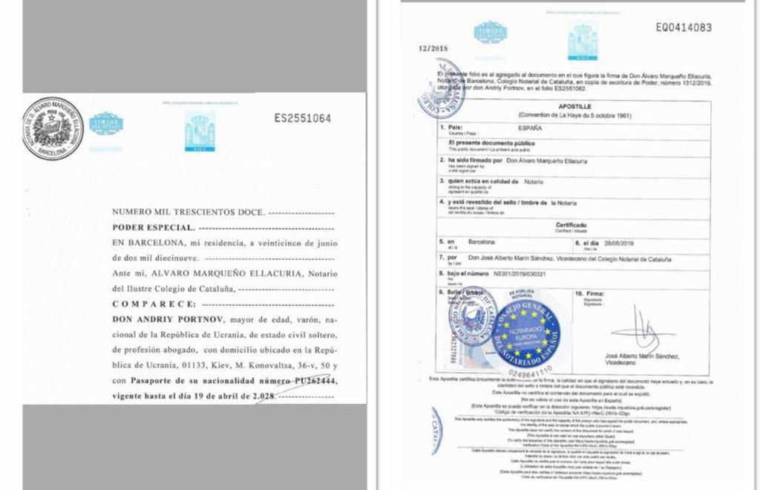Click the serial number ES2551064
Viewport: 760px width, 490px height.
click(x=303, y=118)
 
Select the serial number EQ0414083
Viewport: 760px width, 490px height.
click(x=683, y=28)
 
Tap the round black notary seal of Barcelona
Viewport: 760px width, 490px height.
click(x=52, y=128)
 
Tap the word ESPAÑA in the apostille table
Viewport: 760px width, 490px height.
click(x=530, y=128)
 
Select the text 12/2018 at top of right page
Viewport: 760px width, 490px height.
click(x=433, y=48)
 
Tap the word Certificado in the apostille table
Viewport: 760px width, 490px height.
click(x=571, y=225)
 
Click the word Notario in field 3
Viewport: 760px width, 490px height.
click(x=532, y=181)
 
